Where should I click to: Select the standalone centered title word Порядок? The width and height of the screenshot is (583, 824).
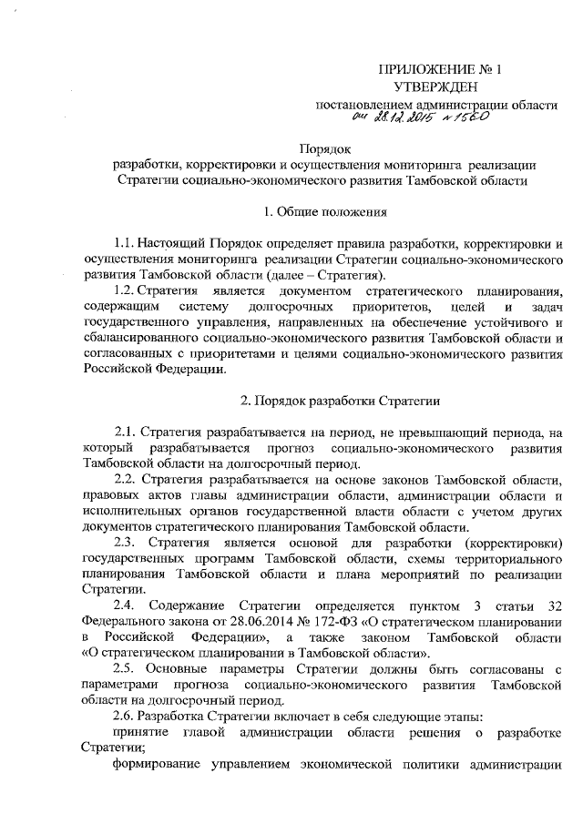click(324, 148)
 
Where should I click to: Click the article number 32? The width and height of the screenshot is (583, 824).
click(555, 605)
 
